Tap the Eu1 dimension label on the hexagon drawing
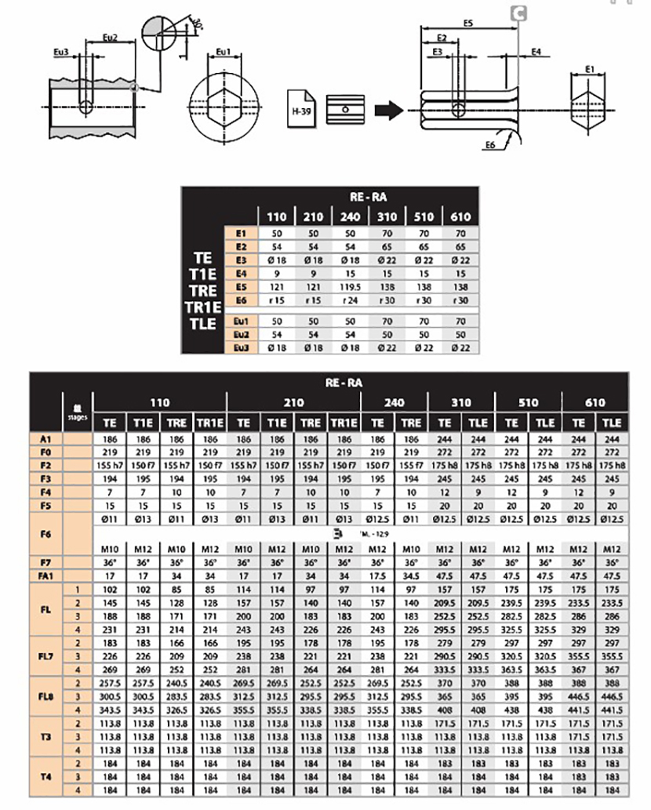pyautogui.click(x=223, y=53)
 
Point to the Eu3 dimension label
pyautogui.click(x=61, y=52)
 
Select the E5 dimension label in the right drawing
pyautogui.click(x=467, y=24)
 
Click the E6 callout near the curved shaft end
pyautogui.click(x=490, y=146)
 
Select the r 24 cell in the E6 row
pyautogui.click(x=350, y=301)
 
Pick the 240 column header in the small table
pyautogui.click(x=350, y=216)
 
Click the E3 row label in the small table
pyautogui.click(x=240, y=260)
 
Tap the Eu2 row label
pyautogui.click(x=240, y=333)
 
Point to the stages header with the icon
pyautogui.click(x=77, y=412)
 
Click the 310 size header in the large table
pyautogui.click(x=461, y=402)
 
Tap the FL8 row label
pyautogui.click(x=46, y=695)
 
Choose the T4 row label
pyautogui.click(x=46, y=775)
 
